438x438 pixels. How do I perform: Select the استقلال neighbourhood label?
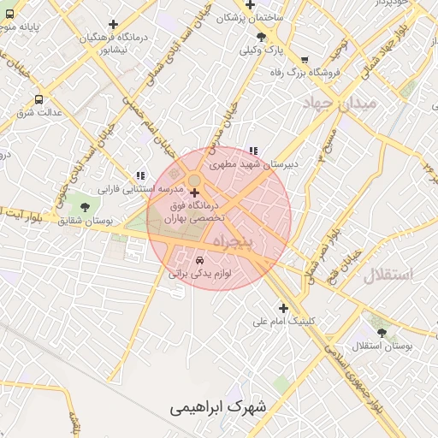click(x=388, y=275)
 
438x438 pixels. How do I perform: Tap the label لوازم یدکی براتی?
click(x=200, y=275)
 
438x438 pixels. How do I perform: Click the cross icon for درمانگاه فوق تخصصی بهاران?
click(x=195, y=192)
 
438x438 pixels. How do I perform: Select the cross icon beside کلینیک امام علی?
click(x=283, y=308)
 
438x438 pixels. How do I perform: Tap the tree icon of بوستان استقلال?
click(x=381, y=332)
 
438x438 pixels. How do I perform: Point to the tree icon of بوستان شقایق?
click(x=84, y=207)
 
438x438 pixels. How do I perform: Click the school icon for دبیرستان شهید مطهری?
click(x=252, y=151)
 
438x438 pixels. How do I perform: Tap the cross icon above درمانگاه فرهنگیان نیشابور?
click(x=113, y=24)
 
